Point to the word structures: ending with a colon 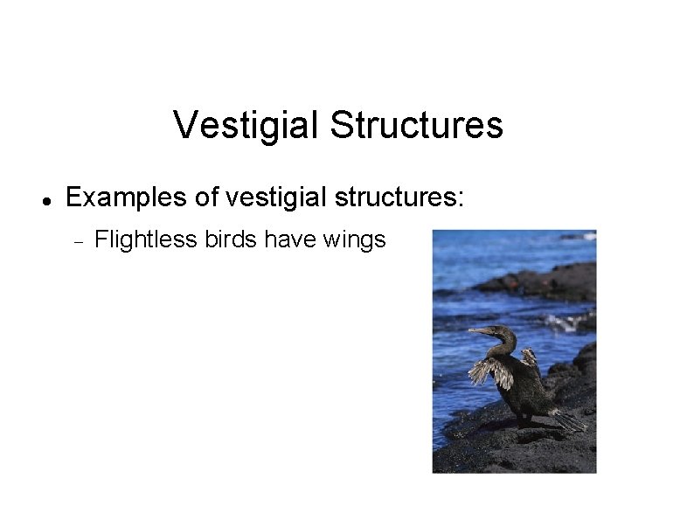click(x=392, y=198)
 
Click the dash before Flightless click(x=77, y=239)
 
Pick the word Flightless click(x=145, y=239)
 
